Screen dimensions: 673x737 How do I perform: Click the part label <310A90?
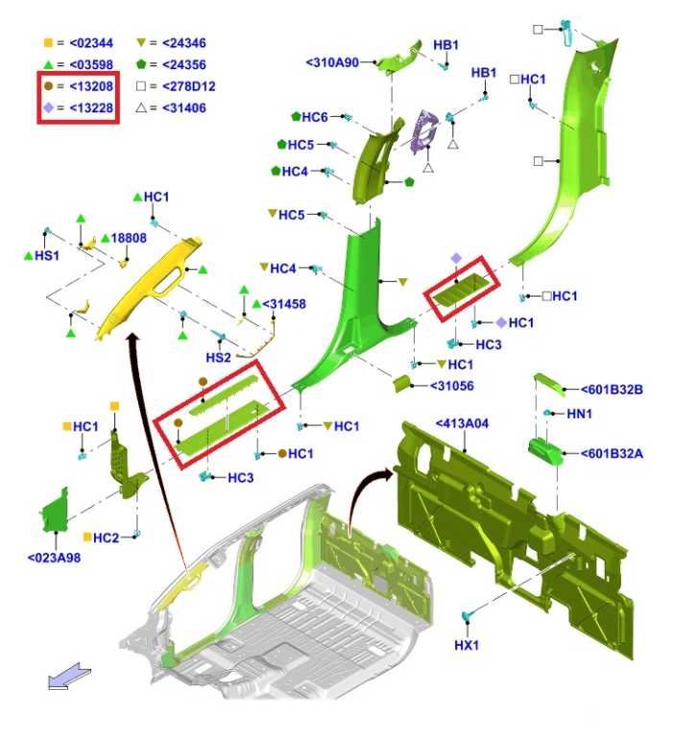[x=332, y=62]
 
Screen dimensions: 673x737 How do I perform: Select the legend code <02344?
[x=91, y=43]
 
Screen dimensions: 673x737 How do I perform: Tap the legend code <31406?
[x=184, y=107]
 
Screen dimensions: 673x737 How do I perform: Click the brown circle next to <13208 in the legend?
[x=48, y=86]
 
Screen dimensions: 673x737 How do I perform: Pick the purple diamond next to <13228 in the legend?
[x=48, y=107]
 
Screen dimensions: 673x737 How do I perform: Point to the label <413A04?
[x=462, y=423]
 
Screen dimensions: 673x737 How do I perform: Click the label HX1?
[x=466, y=645]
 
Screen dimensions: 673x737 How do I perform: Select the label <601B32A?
[x=612, y=453]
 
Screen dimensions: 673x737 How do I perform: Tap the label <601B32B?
[x=612, y=390]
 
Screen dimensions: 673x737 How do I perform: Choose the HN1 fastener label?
[x=580, y=414]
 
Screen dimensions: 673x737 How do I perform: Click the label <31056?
[x=452, y=386]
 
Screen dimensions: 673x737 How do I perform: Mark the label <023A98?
[x=54, y=558]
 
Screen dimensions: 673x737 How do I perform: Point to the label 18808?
[x=129, y=238]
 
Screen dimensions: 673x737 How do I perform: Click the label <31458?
[x=284, y=303]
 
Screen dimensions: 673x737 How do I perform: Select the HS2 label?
[x=218, y=357]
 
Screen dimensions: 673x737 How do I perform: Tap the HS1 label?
[x=47, y=255]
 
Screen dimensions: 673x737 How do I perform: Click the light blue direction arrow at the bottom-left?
[x=70, y=676]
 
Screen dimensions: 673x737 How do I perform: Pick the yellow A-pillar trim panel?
[x=150, y=287]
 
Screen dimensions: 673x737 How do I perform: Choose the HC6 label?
[x=315, y=116]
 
